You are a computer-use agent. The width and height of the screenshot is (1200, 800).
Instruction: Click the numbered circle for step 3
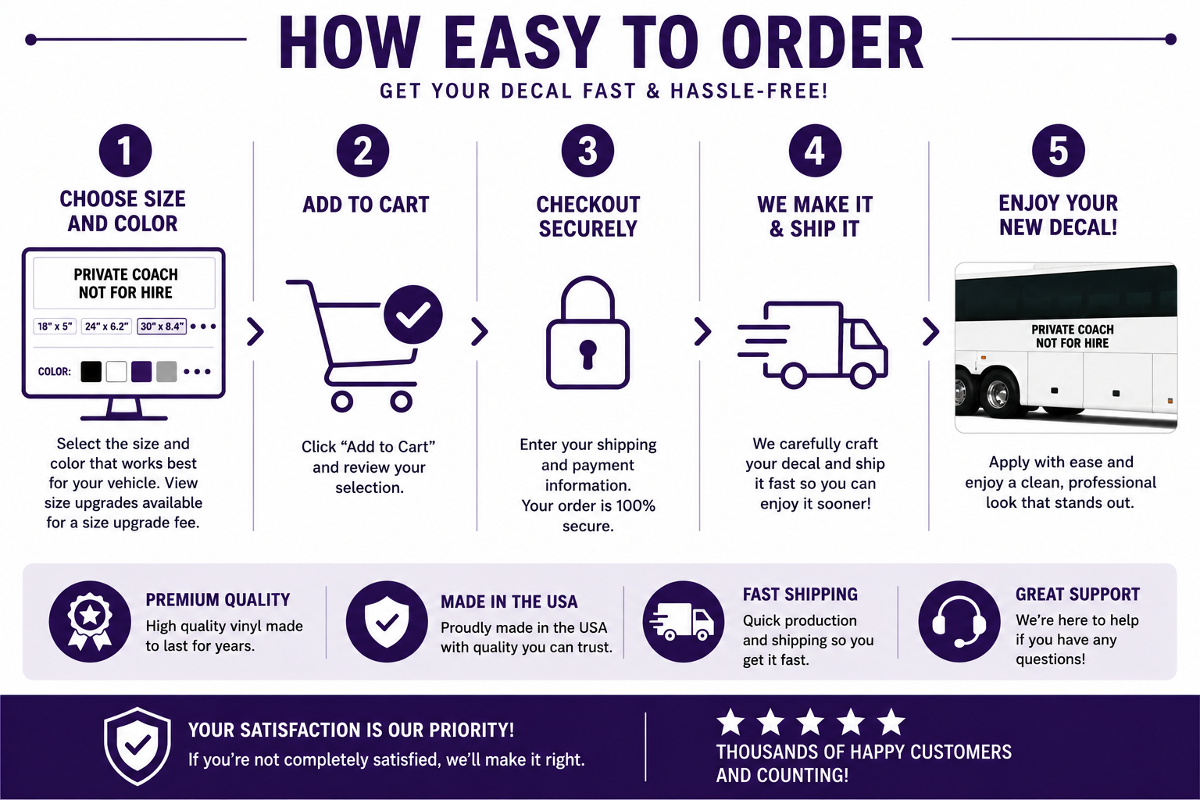pyautogui.click(x=587, y=151)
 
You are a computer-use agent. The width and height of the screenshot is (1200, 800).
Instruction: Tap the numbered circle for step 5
pyautogui.click(x=1058, y=151)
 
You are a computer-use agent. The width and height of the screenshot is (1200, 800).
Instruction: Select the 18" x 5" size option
pyautogui.click(x=55, y=327)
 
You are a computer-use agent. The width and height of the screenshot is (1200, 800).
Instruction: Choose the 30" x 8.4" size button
pyautogui.click(x=162, y=327)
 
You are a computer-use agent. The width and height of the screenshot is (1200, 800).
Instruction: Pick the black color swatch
pyautogui.click(x=91, y=371)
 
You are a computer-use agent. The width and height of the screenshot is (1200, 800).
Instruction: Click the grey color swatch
pyautogui.click(x=166, y=371)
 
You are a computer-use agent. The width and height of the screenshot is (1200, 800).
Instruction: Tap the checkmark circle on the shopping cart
pyautogui.click(x=413, y=315)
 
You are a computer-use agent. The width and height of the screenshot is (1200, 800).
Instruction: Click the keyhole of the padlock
pyautogui.click(x=587, y=354)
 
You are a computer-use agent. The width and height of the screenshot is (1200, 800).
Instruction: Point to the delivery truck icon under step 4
pyautogui.click(x=812, y=345)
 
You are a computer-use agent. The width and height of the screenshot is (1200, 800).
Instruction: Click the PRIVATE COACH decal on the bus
pyautogui.click(x=1073, y=336)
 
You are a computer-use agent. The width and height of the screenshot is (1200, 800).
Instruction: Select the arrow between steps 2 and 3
pyautogui.click(x=480, y=332)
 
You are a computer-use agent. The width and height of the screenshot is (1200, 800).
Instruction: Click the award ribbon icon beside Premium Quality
pyautogui.click(x=90, y=622)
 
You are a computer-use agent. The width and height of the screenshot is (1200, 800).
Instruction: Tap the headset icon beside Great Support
pyautogui.click(x=959, y=622)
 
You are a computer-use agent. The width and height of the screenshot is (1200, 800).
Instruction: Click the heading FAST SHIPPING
pyautogui.click(x=800, y=595)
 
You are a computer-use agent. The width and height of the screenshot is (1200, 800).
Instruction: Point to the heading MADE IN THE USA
pyautogui.click(x=509, y=602)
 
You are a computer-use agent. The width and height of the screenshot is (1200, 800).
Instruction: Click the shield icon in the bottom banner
pyautogui.click(x=137, y=746)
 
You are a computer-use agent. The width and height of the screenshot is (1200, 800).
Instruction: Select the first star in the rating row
pyautogui.click(x=730, y=722)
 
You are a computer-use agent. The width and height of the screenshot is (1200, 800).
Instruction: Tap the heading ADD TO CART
pyautogui.click(x=366, y=205)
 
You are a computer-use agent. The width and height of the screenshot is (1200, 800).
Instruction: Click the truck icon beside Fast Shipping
pyautogui.click(x=683, y=622)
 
